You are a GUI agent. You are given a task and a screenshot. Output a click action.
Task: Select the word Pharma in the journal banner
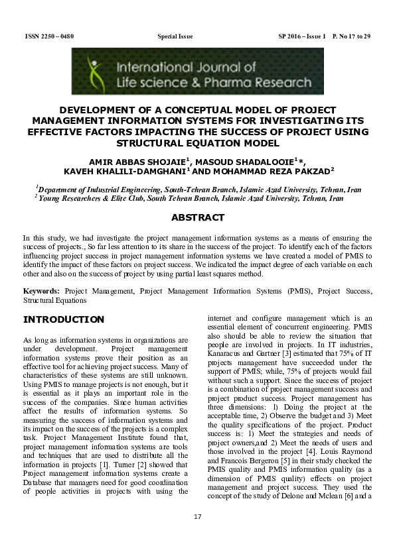[x=250, y=83]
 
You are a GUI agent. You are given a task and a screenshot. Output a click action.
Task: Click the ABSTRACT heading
[x=197, y=217]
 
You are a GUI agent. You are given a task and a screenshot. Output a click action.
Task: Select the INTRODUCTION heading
[x=64, y=319]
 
